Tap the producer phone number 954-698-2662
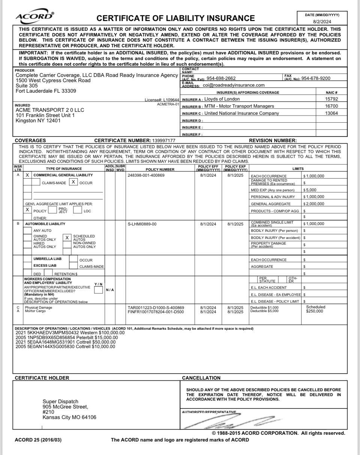pos(221,78)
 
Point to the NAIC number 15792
pos(332,99)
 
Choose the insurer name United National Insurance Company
pos(241,113)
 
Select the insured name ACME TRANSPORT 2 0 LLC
pos(50,110)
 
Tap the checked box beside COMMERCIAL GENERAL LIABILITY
pos(27,175)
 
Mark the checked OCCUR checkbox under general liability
pos(74,182)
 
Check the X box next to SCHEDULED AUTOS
pos(67,237)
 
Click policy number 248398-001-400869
pos(146,176)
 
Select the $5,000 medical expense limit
pos(310,190)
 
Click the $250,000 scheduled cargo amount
pos(314,311)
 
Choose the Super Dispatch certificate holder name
pos(60,401)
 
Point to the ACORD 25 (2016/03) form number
pos(36,440)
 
